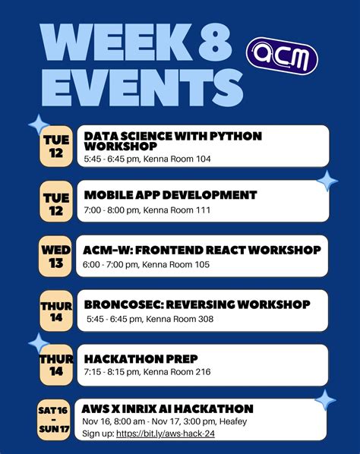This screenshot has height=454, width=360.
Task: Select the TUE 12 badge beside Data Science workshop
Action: (x=56, y=147)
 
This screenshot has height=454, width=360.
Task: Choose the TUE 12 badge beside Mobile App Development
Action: (x=56, y=203)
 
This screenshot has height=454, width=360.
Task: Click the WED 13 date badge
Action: (x=56, y=257)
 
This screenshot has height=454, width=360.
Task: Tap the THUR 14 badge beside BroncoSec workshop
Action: (x=56, y=311)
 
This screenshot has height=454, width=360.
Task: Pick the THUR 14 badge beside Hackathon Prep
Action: (x=56, y=365)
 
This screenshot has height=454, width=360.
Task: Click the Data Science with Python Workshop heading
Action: (x=172, y=140)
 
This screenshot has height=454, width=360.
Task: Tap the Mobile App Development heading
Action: (x=170, y=195)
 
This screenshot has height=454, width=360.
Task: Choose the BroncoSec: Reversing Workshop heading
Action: (x=197, y=304)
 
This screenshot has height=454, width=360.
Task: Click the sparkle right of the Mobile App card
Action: (x=327, y=181)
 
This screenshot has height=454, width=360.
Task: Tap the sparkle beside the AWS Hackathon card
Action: (x=326, y=399)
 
